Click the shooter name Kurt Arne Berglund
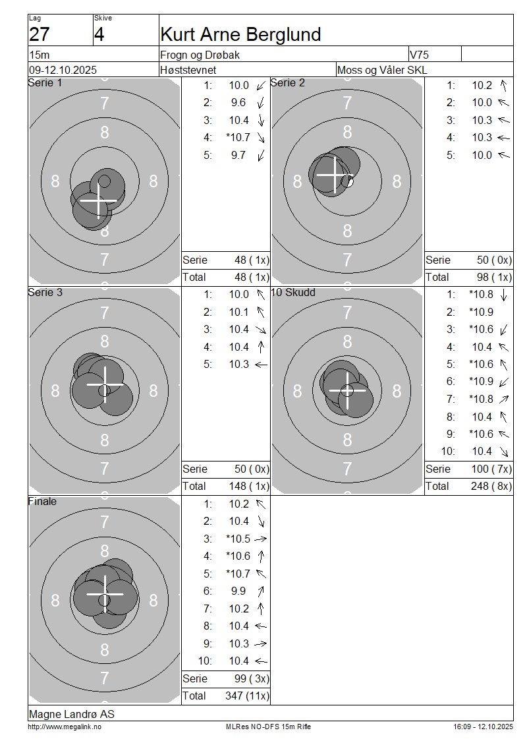(240, 35)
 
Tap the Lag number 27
(40, 35)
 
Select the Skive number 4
(99, 35)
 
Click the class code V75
(419, 55)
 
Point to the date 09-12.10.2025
(63, 71)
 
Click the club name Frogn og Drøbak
(200, 55)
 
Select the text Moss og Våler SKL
(382, 71)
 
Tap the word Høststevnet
(188, 71)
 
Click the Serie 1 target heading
(45, 82)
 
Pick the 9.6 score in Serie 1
(238, 103)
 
